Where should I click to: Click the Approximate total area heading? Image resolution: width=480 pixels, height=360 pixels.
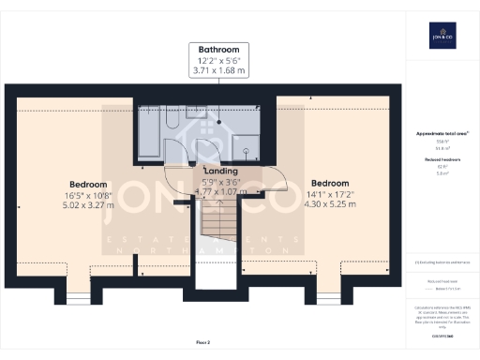(442, 134)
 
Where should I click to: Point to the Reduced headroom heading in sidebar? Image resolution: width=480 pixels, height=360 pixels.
(442, 160)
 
